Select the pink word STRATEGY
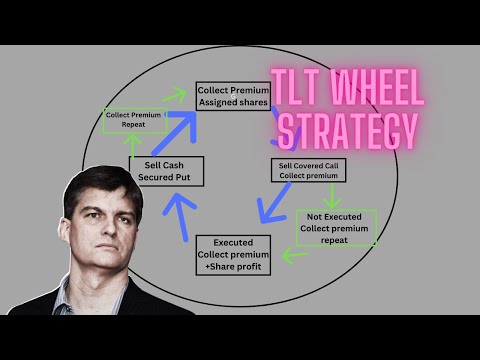point(333,130)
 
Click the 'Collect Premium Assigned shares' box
point(234,95)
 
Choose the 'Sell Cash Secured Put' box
point(166,173)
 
